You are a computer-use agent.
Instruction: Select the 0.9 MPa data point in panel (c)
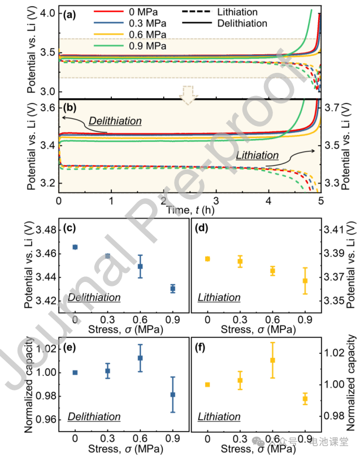tap(172, 288)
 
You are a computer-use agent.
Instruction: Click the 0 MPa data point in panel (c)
tap(75, 247)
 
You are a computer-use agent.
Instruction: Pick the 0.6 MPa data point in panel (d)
tap(272, 271)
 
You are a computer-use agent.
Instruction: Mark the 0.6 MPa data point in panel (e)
tap(140, 358)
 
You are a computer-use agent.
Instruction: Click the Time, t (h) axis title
tap(189, 209)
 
